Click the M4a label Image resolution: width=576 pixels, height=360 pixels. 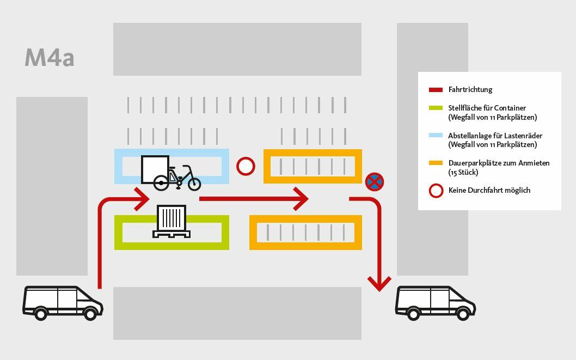coord(50,58)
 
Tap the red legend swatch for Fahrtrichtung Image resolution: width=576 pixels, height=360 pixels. coord(436,90)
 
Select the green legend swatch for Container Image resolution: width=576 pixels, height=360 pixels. coord(436,108)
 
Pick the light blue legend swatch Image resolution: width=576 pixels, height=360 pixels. coord(436,136)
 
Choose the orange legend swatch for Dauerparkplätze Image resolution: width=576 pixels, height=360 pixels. coord(436,163)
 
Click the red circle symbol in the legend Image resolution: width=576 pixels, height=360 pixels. coord(436,191)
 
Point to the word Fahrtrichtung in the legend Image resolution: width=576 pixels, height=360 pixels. coord(470,90)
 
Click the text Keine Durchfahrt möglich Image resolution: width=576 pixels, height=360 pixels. coord(489,191)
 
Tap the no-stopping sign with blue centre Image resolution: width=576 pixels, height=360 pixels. coord(374,182)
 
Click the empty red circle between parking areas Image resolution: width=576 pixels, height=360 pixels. coord(246,166)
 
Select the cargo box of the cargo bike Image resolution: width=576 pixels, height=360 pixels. coord(155,169)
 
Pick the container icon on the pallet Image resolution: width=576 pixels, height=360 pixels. coord(171,218)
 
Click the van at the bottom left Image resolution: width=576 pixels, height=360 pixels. coord(62,302)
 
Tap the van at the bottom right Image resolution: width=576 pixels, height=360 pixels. coord(435,302)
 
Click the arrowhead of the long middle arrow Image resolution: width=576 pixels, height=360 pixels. coord(302,199)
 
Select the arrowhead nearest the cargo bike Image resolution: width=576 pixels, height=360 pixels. coord(142,199)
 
